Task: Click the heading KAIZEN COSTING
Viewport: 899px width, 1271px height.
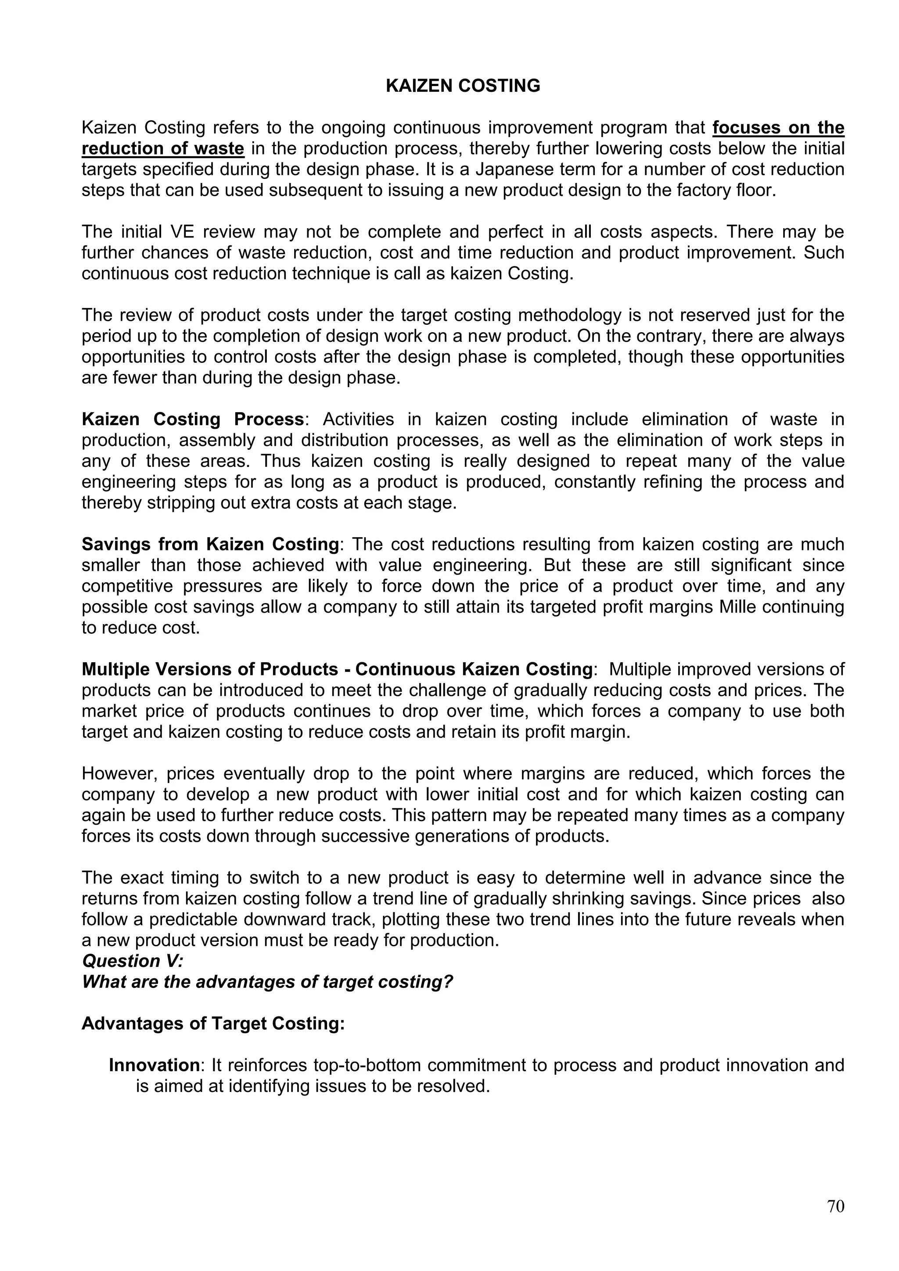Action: [463, 86]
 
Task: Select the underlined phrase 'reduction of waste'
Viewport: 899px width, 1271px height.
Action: [163, 148]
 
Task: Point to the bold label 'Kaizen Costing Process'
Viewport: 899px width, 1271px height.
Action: [193, 419]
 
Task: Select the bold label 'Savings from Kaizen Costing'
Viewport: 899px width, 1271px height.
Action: [210, 544]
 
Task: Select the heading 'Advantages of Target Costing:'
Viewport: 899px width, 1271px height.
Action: [213, 1023]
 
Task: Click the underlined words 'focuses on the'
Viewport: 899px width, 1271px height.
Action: [778, 127]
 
